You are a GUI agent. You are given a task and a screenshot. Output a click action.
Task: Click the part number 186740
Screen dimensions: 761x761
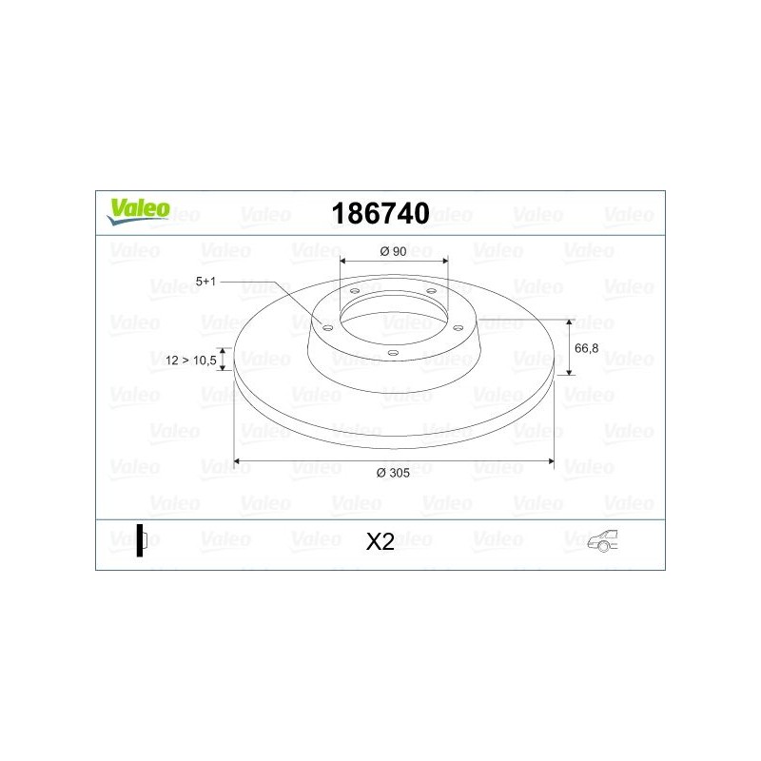380,213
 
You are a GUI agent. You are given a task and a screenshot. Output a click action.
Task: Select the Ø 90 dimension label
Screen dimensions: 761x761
393,251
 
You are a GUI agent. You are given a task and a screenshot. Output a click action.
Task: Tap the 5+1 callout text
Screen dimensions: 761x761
205,282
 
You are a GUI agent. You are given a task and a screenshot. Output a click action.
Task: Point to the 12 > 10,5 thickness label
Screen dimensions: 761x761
191,361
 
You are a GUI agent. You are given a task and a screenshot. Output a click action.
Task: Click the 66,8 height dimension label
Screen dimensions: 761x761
586,348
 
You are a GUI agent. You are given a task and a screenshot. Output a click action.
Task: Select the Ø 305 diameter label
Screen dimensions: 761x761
393,473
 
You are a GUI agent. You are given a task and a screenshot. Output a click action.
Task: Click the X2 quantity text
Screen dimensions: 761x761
380,541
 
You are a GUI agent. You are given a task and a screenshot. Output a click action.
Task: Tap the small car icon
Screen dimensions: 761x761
603,540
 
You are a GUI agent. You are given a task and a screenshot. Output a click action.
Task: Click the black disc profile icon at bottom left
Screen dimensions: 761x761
141,540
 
